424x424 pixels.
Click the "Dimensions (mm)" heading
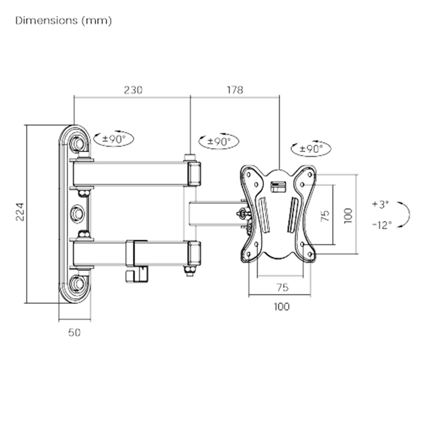tap(64, 20)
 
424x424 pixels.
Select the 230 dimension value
tap(133, 90)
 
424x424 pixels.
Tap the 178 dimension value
tap(235, 90)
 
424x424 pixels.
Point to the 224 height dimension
tap(20, 212)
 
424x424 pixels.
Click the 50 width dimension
tap(74, 332)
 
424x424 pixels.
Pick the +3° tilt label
tap(380, 204)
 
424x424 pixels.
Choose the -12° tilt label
tap(382, 225)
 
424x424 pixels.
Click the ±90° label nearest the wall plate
tap(114, 139)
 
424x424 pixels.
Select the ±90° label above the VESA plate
tap(311, 148)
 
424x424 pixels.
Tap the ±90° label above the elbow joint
tap(219, 141)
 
